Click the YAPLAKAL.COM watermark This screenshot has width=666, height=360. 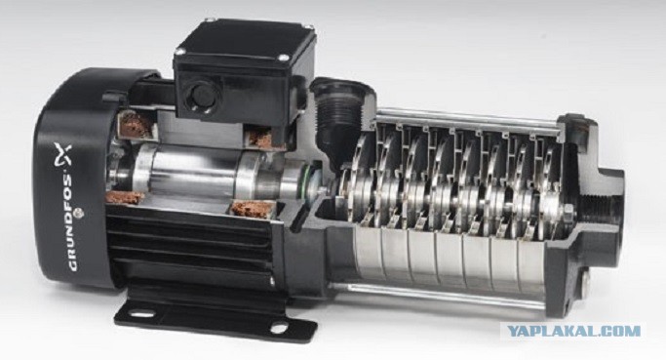(574, 331)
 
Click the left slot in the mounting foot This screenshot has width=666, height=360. (141, 315)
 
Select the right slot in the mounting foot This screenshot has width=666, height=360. (280, 328)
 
